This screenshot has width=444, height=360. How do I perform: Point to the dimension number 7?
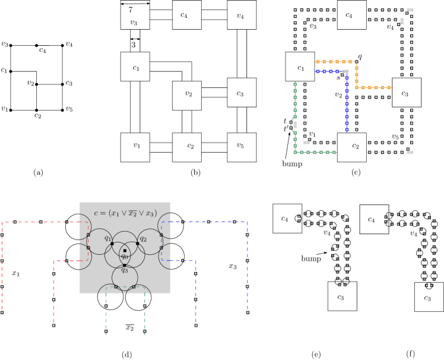coord(131,10)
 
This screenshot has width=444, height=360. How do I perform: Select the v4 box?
coord(242,15)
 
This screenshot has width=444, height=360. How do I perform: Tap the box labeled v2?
coord(187,96)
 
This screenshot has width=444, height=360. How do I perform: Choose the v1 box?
coord(135,147)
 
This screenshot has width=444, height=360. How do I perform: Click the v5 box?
coord(242,147)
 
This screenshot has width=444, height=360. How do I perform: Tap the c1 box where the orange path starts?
coord(300,67)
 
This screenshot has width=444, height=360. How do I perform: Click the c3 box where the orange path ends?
coord(407,92)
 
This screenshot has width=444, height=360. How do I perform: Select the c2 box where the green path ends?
coord(352,147)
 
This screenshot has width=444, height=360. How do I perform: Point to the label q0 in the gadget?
coord(125,257)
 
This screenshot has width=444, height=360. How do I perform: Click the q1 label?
coord(108,238)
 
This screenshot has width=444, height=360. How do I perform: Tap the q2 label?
coord(143,238)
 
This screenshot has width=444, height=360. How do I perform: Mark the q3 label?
coord(125,270)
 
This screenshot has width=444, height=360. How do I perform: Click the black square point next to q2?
coord(137,244)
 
